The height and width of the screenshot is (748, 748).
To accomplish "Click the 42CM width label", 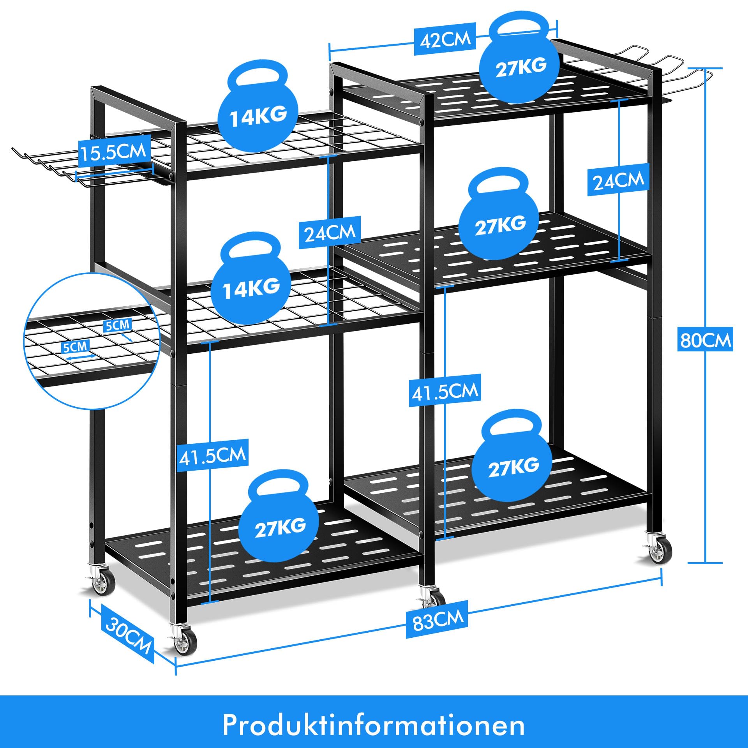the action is click(x=445, y=39).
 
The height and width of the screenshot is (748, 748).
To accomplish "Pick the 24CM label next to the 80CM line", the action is click(x=618, y=180).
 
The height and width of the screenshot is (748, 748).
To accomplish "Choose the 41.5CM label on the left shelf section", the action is click(x=212, y=455).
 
